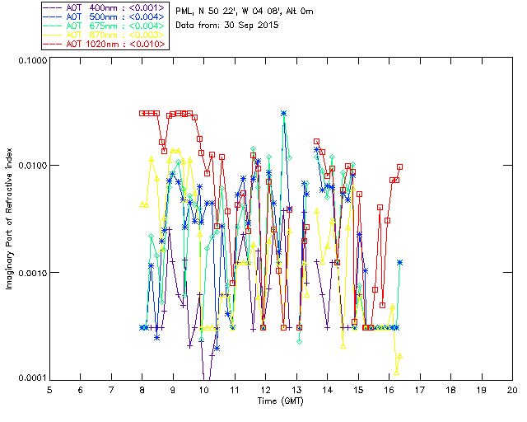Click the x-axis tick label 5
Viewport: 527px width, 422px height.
coord(49,389)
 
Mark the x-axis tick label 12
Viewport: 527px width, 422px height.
coord(265,389)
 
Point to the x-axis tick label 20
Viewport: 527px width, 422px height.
coord(512,389)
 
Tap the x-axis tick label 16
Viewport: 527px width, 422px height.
coord(389,389)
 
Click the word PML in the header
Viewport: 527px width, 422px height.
coord(186,10)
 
